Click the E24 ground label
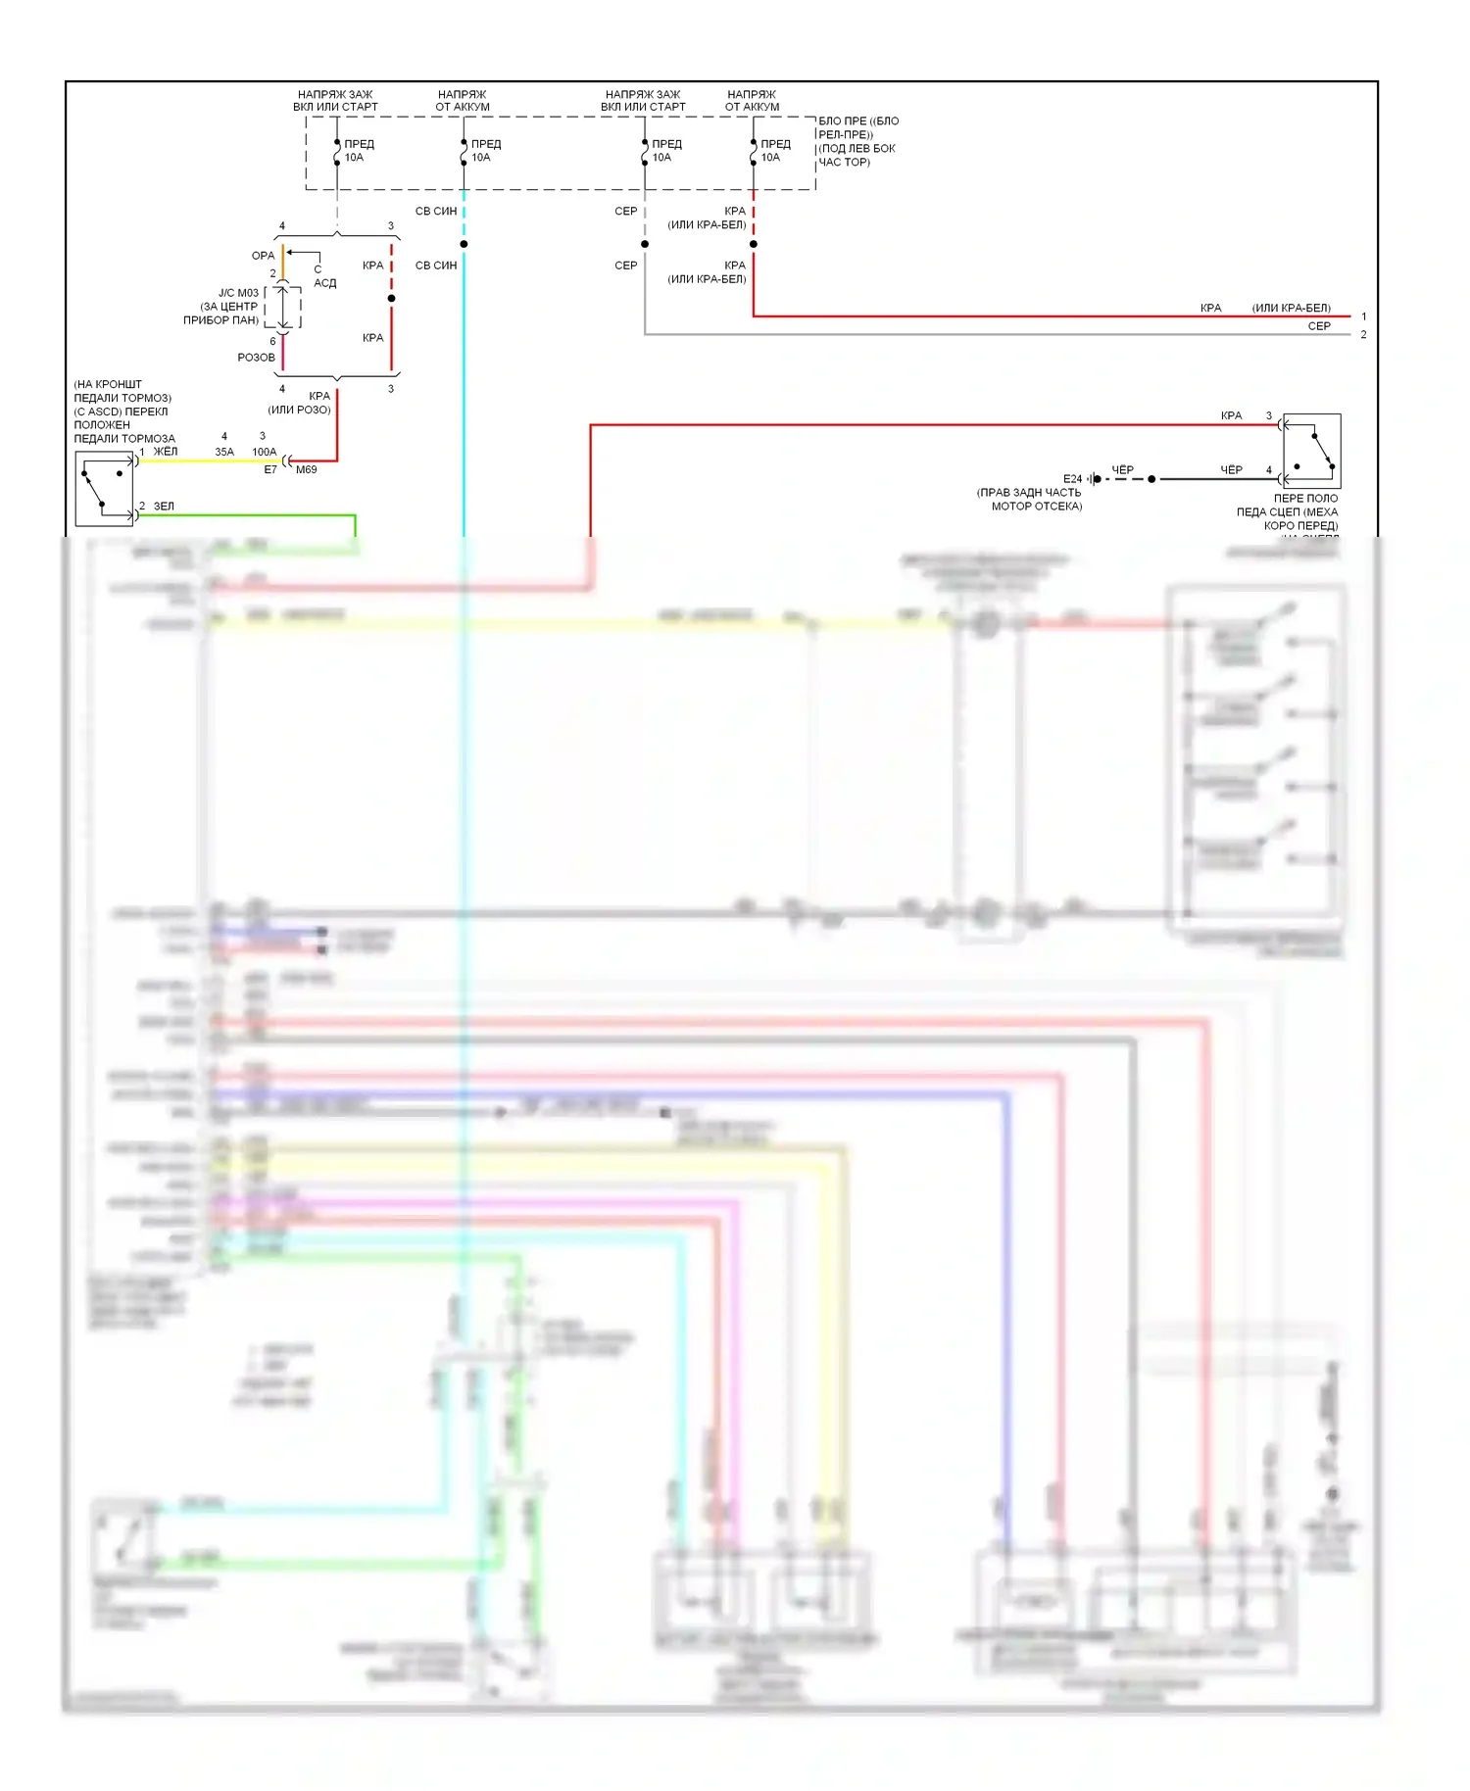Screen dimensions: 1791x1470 coord(1072,479)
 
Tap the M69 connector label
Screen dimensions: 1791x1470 coord(307,470)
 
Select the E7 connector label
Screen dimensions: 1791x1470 coord(270,470)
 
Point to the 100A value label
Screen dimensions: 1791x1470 coord(265,453)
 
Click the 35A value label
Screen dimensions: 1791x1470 coord(224,453)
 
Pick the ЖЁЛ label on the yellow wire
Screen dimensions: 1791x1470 coord(166,452)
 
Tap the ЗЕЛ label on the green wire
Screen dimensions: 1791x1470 coord(164,507)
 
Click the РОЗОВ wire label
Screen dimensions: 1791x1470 coord(256,358)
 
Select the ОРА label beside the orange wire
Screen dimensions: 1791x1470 coord(263,256)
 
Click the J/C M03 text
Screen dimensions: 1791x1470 coord(238,293)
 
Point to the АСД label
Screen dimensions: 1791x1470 coord(324,283)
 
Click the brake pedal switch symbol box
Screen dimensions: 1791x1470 coord(105,489)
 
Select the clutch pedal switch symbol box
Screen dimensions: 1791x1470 coord(1311,451)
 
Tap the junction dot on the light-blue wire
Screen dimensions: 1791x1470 coord(464,244)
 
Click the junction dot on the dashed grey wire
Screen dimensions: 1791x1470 coord(645,244)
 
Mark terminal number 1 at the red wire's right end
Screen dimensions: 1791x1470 coord(1363,316)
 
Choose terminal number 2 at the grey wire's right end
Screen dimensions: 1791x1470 coord(1363,335)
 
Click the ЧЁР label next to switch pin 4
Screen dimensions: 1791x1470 coord(1231,470)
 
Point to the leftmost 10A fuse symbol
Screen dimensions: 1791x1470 coord(337,152)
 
